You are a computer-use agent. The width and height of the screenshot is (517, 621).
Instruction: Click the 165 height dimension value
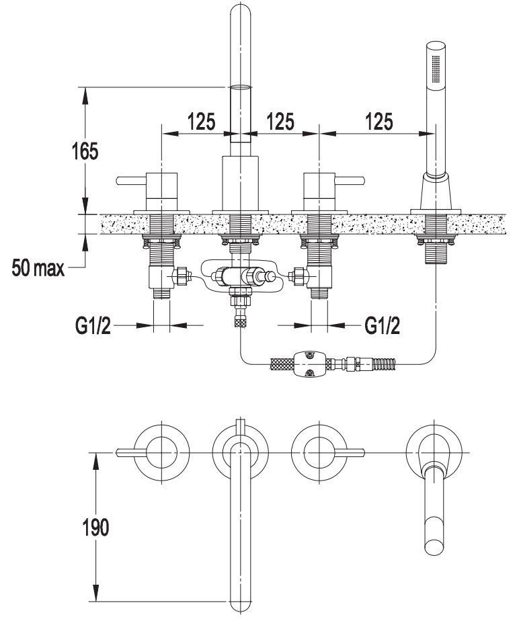tap(85, 151)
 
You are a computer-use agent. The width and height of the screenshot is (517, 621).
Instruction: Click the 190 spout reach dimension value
tap(95, 527)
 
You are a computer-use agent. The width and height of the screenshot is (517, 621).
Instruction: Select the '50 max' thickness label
tap(38, 267)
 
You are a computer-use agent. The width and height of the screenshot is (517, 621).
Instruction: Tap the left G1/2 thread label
tap(93, 327)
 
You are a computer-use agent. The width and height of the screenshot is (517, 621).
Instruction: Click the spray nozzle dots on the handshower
tap(436, 69)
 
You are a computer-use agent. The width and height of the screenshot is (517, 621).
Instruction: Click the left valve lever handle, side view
tap(131, 181)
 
